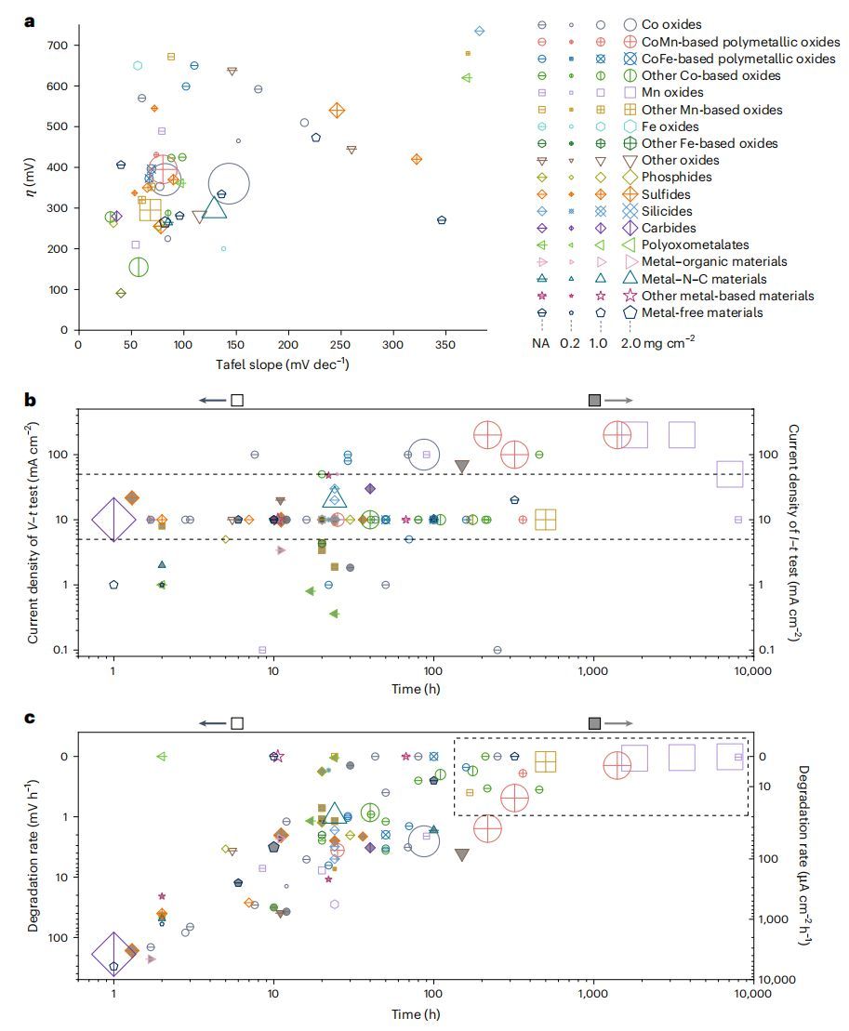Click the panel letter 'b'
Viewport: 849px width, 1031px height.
click(x=29, y=401)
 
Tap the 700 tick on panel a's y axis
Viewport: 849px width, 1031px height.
click(x=58, y=46)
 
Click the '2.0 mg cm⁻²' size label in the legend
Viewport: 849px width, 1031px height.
click(x=662, y=341)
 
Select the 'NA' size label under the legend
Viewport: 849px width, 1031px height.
click(x=543, y=341)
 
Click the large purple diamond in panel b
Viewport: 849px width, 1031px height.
click(x=113, y=520)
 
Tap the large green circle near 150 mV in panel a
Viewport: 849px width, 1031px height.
click(x=139, y=268)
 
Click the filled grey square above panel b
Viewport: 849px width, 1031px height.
click(x=595, y=400)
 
